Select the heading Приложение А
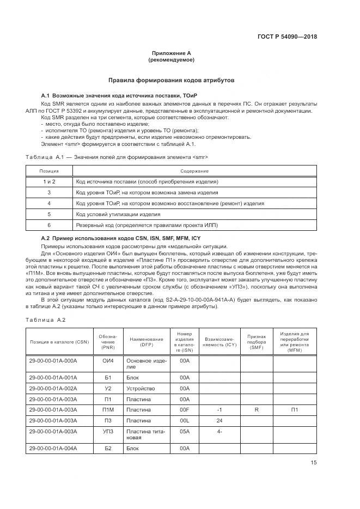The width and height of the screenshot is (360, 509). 171,53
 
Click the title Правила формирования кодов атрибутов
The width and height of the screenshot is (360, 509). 172,79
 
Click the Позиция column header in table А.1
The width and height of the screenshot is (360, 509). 49,171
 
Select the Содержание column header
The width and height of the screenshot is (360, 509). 196,171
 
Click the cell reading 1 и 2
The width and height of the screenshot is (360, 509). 49,181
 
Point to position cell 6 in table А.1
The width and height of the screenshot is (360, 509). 49,225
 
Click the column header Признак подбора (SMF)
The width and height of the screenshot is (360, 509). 256,341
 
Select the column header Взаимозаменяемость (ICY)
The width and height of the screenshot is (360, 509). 219,341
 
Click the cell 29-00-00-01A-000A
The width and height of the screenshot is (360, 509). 53,360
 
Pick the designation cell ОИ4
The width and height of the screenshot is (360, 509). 107,360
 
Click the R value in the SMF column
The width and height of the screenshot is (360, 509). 256,409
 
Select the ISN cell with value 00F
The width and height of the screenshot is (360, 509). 184,409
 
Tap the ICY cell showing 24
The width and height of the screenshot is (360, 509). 219,420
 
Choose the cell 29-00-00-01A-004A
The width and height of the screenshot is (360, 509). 53,448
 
